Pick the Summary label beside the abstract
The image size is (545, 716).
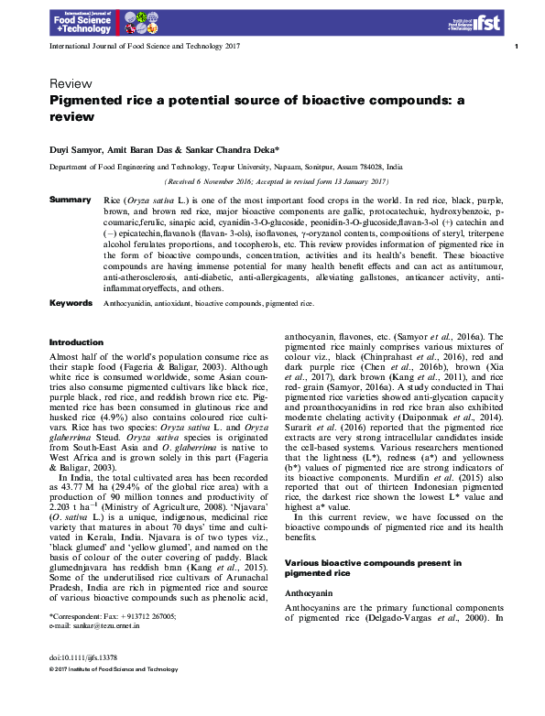[70, 199]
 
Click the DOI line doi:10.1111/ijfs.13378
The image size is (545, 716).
[82, 683]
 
